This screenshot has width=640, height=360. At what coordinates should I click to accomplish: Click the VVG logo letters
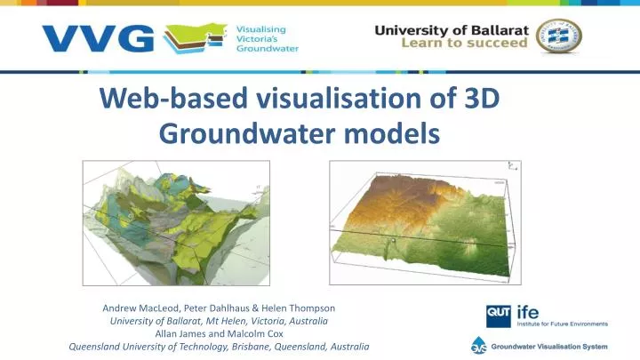(x=98, y=38)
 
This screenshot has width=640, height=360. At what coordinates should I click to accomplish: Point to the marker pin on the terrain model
(x=388, y=241)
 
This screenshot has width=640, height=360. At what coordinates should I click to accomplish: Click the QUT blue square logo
(x=497, y=316)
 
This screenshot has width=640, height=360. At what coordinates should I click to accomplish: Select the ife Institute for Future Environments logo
(x=560, y=316)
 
